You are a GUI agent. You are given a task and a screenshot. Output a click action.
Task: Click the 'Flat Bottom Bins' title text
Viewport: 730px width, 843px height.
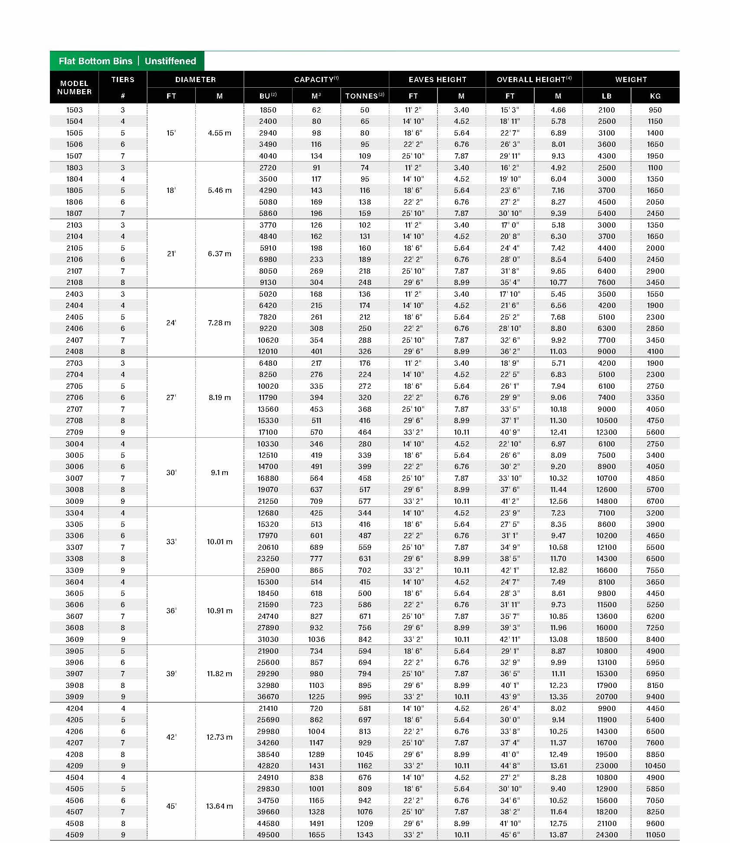pos(95,61)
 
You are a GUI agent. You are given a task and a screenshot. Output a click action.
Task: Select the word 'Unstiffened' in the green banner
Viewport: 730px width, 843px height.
pos(170,61)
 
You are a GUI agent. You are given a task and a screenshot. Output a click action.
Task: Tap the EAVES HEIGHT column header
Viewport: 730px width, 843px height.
pos(437,79)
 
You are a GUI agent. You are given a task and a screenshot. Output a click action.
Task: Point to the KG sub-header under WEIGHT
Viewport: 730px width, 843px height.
pos(655,96)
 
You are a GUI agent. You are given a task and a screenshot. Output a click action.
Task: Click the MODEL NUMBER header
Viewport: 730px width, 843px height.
pos(74,87)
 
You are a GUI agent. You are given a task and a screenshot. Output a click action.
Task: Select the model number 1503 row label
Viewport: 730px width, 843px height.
pos(74,110)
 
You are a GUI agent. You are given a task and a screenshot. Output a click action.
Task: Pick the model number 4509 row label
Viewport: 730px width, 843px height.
pos(74,835)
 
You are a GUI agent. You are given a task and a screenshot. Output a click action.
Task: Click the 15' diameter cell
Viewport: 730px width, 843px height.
pos(171,133)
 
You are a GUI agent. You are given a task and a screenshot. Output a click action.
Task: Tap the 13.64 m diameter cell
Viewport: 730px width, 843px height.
pos(219,806)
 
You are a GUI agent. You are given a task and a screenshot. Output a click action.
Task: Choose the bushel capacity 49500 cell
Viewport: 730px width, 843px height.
pos(268,835)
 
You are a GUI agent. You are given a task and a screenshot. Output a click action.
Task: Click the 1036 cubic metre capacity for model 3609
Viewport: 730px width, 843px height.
pos(316,639)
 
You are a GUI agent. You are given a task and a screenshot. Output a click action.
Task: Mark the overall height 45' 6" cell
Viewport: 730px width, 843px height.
pos(510,835)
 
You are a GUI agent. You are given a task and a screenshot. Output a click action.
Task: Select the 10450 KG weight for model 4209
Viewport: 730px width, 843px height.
pos(655,766)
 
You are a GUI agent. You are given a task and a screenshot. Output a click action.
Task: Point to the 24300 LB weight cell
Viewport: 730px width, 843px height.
pos(606,835)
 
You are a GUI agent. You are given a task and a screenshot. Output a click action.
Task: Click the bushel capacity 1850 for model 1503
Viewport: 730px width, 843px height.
pos(268,110)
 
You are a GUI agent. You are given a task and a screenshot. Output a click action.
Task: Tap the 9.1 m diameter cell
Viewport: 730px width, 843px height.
pos(219,473)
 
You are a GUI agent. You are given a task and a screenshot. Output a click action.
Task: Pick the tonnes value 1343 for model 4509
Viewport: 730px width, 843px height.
pos(365,835)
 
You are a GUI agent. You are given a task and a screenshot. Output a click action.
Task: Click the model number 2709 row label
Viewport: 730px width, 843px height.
pos(74,432)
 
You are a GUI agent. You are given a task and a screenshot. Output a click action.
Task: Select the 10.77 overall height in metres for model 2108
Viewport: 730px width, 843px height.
pos(558,282)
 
